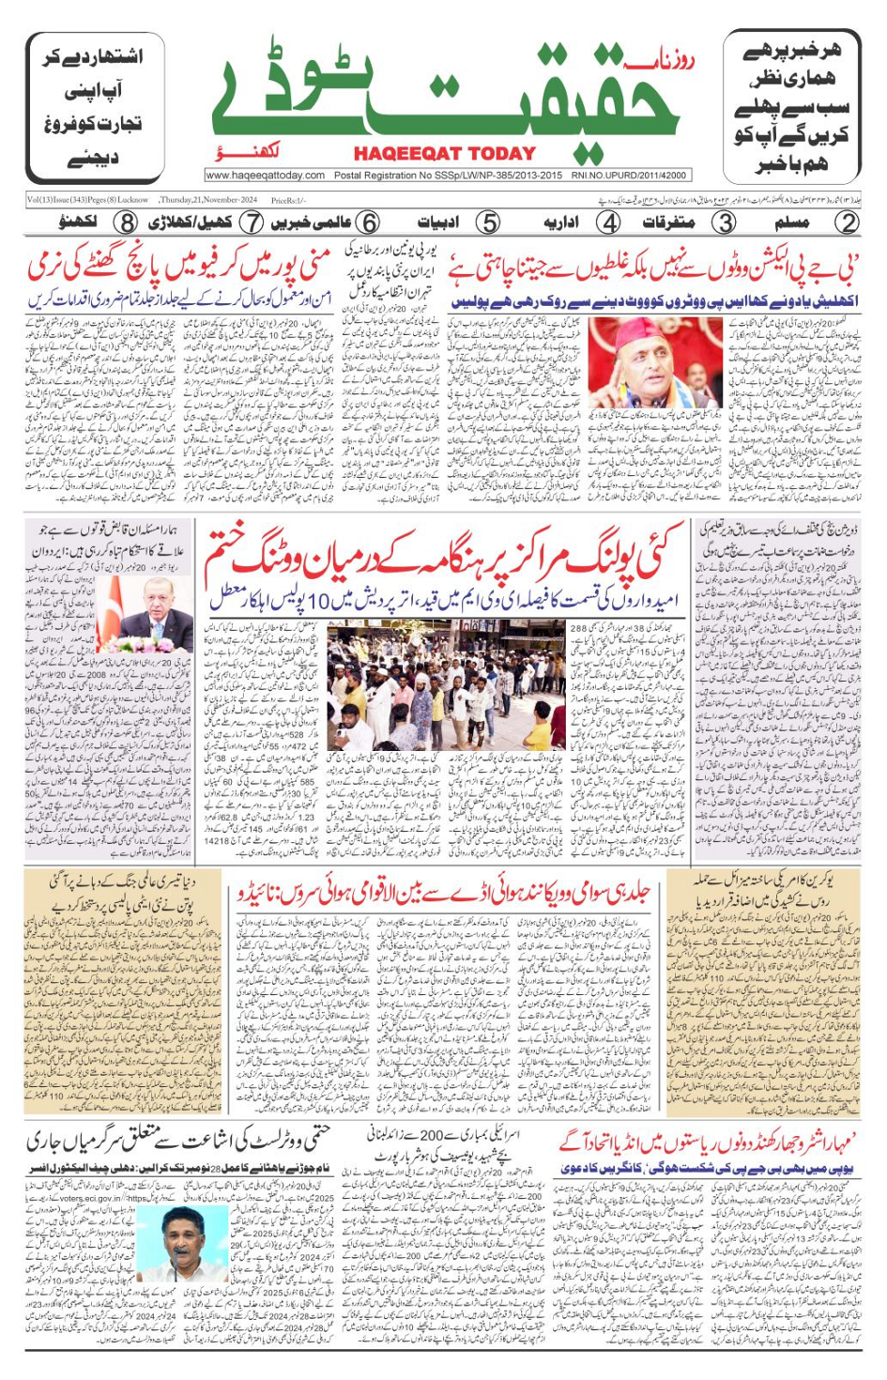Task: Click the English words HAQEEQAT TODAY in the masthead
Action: click(x=445, y=154)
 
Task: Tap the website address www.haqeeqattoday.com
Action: click(x=266, y=175)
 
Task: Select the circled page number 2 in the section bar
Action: click(x=848, y=223)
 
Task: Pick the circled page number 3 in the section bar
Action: click(x=724, y=223)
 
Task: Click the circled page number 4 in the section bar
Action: click(x=609, y=223)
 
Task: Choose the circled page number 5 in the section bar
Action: click(x=488, y=223)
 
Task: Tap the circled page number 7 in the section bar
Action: click(x=251, y=223)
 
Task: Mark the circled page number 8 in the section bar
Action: click(x=127, y=223)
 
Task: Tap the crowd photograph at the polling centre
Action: click(x=446, y=685)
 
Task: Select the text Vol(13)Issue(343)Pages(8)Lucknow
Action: click(x=87, y=200)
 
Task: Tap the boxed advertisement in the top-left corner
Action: click(x=95, y=108)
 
